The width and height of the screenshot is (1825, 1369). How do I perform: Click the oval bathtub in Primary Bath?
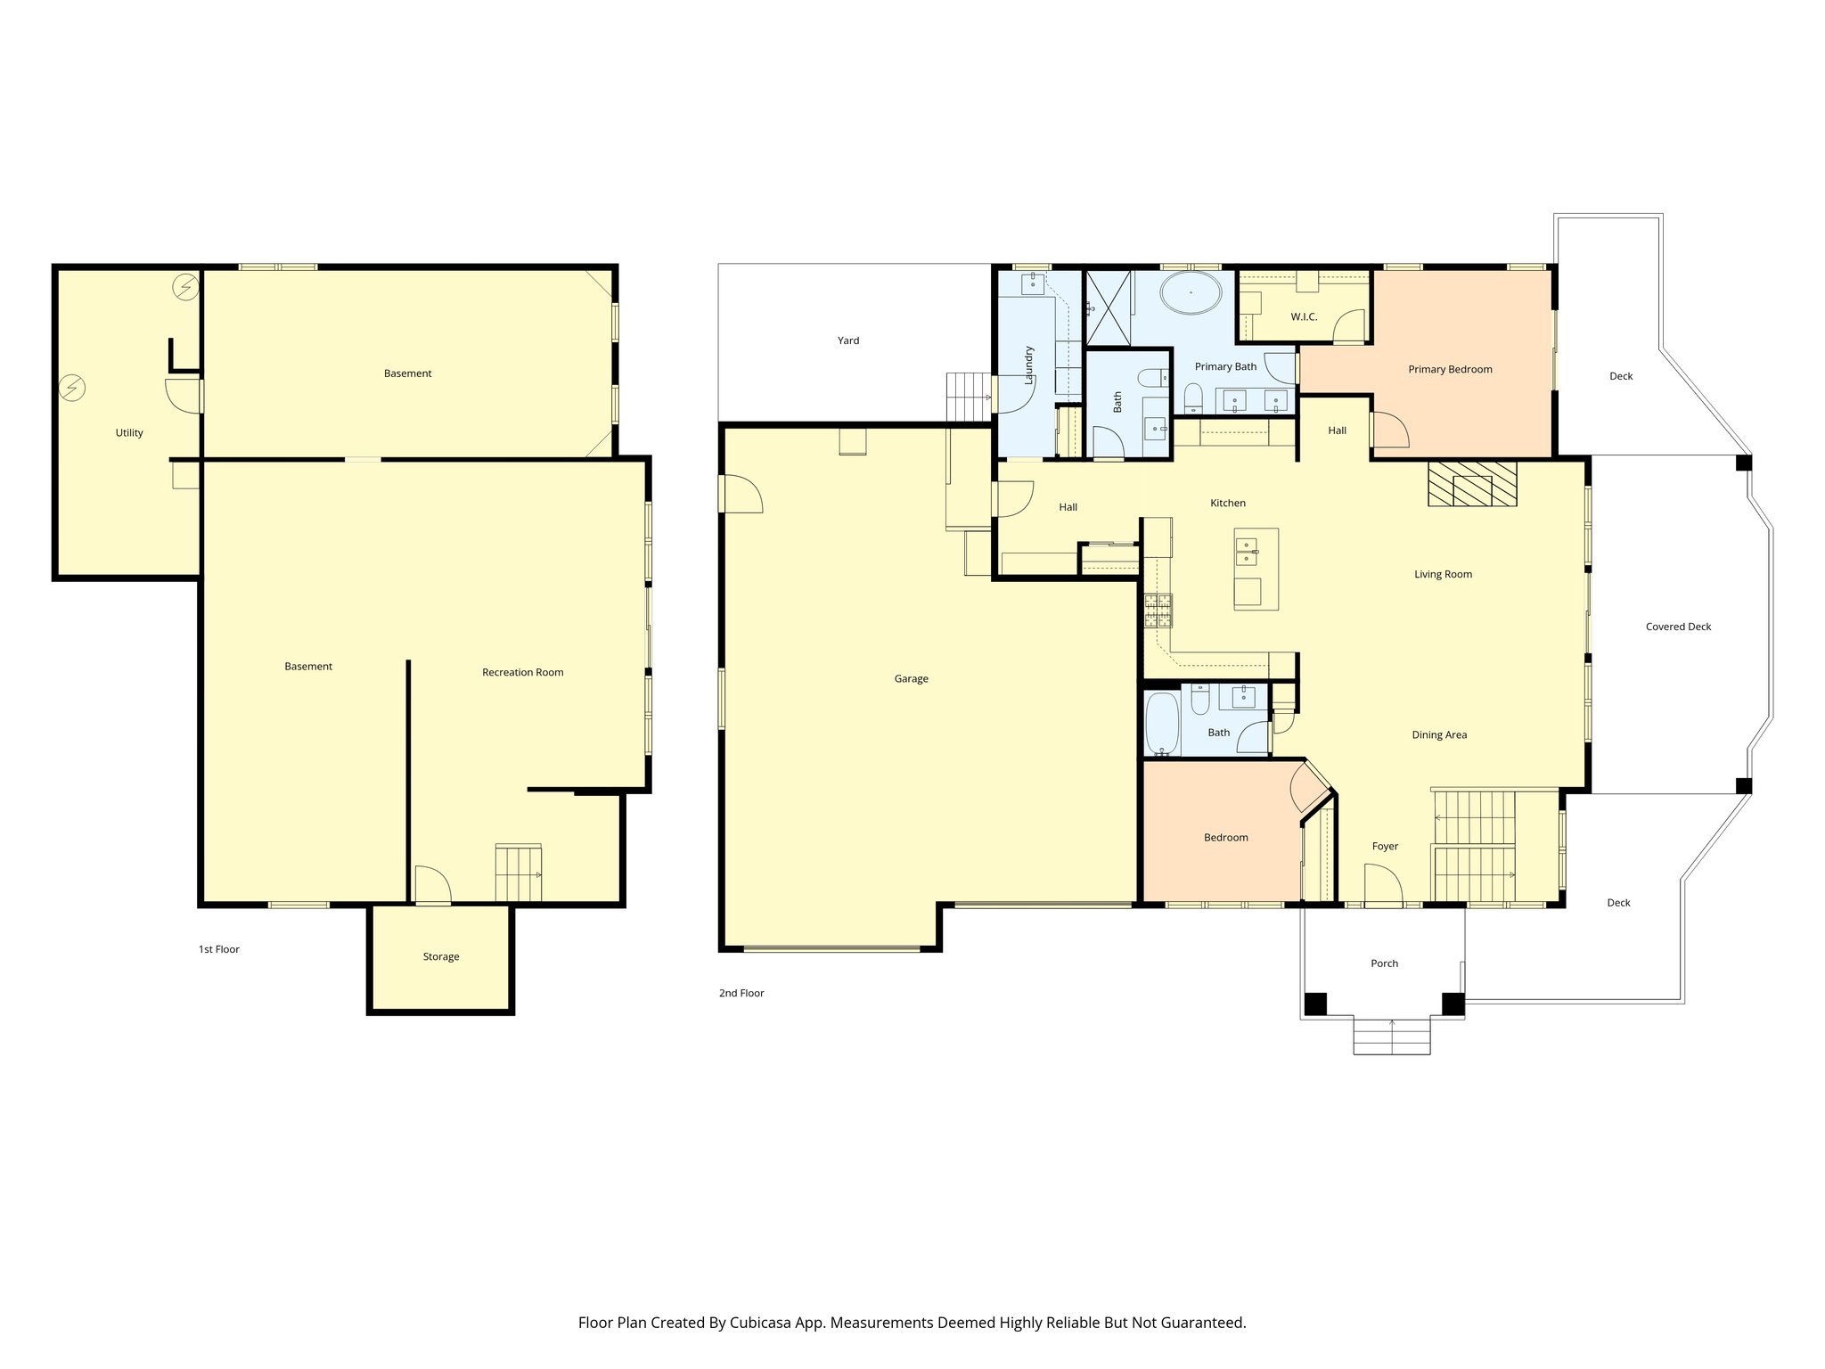tap(1191, 292)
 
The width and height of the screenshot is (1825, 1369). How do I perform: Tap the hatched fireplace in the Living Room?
tap(1472, 484)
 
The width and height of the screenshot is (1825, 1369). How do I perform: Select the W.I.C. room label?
tap(1304, 317)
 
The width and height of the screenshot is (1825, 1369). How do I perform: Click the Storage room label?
tap(441, 957)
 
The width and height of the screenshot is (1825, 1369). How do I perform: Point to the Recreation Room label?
tap(522, 673)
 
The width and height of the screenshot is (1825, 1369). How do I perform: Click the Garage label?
tap(911, 679)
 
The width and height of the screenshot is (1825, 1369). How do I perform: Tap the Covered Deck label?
tap(1678, 627)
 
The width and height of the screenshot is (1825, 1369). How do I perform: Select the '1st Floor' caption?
tap(218, 950)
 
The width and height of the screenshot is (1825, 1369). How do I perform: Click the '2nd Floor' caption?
tap(741, 994)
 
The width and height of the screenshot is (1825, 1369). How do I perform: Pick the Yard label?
tap(848, 340)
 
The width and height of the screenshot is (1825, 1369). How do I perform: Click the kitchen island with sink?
tap(1256, 569)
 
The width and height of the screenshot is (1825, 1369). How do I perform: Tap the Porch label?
tap(1384, 963)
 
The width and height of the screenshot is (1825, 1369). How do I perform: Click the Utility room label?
tap(129, 433)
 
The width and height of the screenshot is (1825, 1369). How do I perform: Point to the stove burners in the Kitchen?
tap(1158, 611)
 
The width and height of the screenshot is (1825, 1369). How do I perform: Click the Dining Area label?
tap(1439, 735)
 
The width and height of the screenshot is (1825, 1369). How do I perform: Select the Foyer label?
tap(1385, 847)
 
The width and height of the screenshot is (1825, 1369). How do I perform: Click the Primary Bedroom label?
tap(1450, 370)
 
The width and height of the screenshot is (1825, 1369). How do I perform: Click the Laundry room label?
tap(1028, 365)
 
